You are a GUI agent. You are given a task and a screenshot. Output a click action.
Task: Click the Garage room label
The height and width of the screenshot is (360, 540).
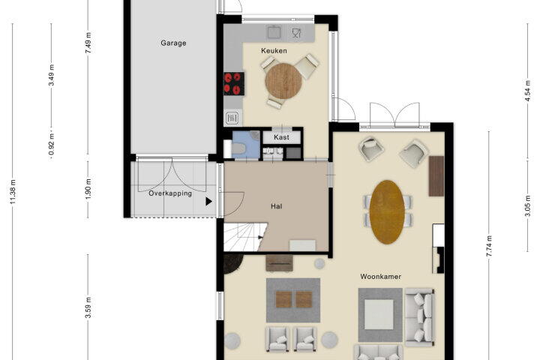(x=173, y=43)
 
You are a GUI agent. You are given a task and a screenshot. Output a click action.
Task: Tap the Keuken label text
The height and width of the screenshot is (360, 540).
(x=274, y=51)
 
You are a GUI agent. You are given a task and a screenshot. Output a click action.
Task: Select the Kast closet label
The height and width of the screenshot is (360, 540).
(x=281, y=137)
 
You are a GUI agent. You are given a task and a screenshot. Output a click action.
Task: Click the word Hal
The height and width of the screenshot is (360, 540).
(x=276, y=206)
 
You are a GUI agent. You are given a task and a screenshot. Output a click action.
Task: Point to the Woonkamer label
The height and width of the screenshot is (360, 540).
(x=380, y=276)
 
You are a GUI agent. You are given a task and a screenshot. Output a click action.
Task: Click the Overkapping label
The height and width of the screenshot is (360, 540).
(x=170, y=193)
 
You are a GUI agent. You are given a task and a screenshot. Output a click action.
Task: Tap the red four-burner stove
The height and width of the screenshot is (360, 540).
(x=234, y=83)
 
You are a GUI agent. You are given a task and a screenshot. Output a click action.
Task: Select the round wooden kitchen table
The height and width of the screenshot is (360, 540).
(x=283, y=81)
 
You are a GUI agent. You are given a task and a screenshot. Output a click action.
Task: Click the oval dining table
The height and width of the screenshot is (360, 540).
(x=387, y=211)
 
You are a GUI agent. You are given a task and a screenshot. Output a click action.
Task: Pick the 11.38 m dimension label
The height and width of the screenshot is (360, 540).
(x=13, y=191)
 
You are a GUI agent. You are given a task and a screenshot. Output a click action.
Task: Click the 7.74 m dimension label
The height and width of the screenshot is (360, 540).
(x=489, y=246)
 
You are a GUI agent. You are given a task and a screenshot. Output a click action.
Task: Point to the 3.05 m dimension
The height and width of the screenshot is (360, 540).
(x=527, y=205)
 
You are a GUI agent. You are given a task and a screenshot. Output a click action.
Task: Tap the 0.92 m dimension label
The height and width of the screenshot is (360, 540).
(x=52, y=144)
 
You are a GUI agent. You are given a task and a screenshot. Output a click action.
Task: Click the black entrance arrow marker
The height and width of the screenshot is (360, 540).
(x=208, y=202)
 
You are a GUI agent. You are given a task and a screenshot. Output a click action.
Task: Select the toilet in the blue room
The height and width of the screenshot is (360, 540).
(x=238, y=148)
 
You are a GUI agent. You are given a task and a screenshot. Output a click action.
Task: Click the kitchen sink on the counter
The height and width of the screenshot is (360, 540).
(x=274, y=32)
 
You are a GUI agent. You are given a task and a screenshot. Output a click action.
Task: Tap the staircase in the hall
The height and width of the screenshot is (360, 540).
(x=244, y=237)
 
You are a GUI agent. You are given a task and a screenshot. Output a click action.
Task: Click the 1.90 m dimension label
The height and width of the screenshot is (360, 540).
(x=88, y=188)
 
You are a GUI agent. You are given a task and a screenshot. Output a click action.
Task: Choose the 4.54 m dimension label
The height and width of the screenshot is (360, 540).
(x=527, y=91)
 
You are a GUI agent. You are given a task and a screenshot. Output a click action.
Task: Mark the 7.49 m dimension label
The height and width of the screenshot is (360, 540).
(x=88, y=42)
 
